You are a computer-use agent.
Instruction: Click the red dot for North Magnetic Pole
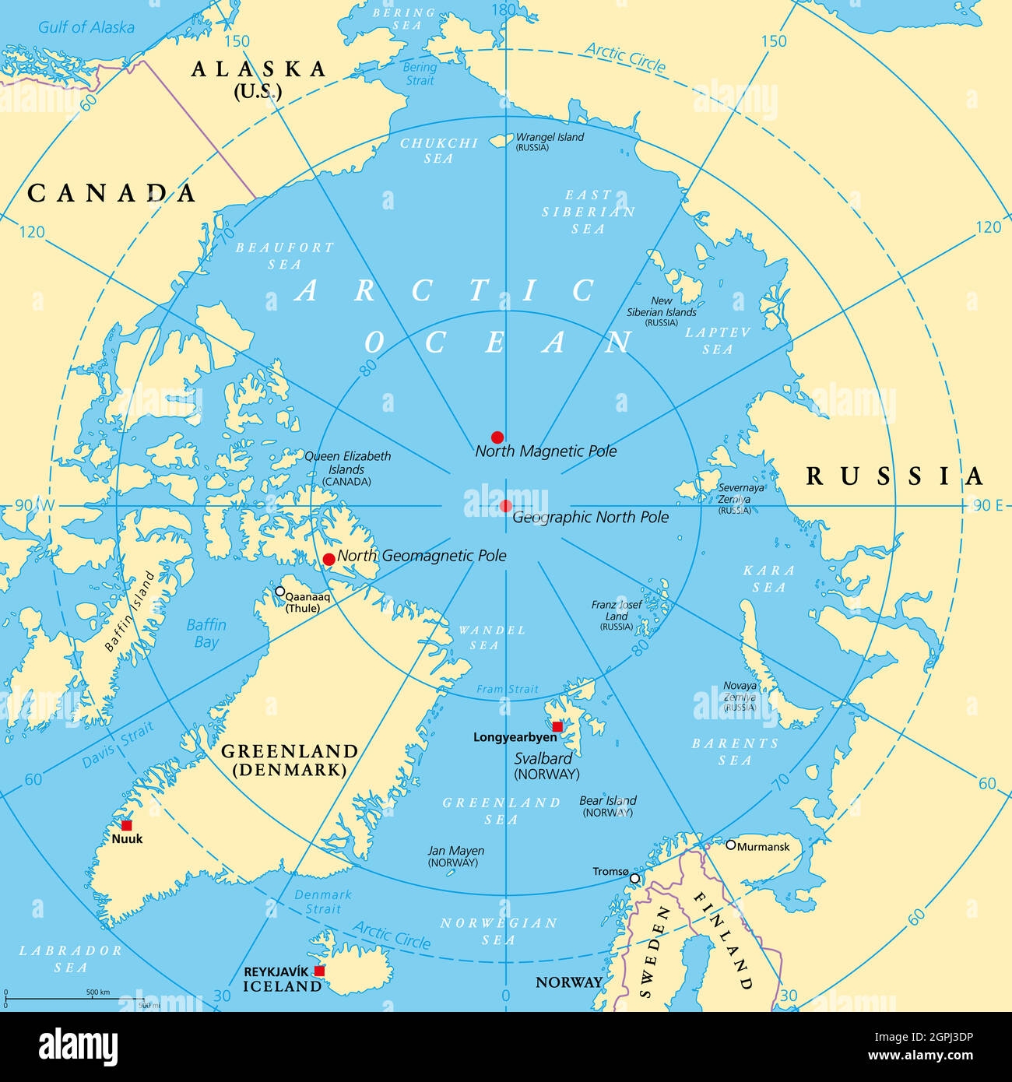point(497,437)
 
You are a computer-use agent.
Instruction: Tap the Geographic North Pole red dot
point(506,506)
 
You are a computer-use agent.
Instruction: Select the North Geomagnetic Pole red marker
point(329,559)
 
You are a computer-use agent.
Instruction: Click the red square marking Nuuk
point(126,825)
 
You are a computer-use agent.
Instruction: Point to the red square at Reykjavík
point(319,971)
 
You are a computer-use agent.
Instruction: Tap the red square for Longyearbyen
point(557,726)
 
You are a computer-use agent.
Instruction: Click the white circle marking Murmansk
point(731,845)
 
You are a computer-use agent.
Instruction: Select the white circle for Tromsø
point(634,878)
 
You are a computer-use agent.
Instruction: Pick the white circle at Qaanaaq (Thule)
point(279,592)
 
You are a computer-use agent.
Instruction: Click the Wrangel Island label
point(550,137)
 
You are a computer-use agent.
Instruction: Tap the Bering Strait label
point(420,74)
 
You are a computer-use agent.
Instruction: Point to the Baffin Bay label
point(206,633)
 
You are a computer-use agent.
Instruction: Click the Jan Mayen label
point(456,851)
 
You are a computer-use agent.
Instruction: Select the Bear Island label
point(608,800)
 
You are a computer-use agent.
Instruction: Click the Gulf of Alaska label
point(86,27)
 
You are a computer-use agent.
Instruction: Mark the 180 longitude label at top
point(505,9)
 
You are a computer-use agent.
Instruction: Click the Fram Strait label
point(508,689)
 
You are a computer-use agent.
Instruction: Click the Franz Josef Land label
point(617,610)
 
